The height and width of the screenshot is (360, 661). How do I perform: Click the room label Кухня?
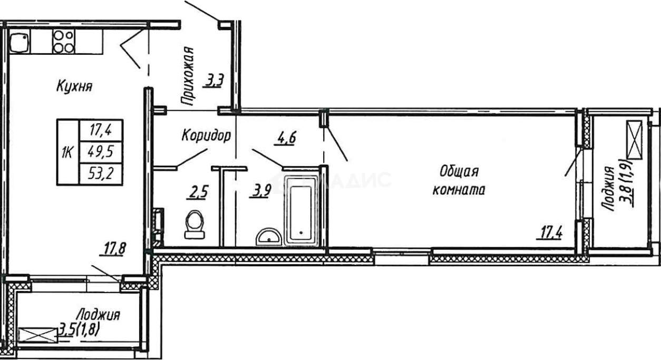pyautogui.click(x=74, y=87)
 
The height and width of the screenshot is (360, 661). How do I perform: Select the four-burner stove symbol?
pyautogui.click(x=63, y=41)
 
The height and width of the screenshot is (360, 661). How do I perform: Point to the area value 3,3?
pyautogui.click(x=215, y=81)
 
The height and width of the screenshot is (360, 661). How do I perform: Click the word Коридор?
pyautogui.click(x=206, y=136)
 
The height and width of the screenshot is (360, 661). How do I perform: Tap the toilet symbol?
pyautogui.click(x=194, y=223)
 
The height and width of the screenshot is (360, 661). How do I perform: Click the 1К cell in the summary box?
pyautogui.click(x=67, y=152)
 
